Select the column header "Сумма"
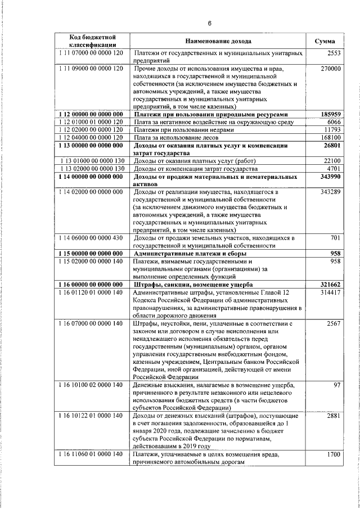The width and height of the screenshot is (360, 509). point(325,42)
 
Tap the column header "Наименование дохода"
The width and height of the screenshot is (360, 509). point(218,42)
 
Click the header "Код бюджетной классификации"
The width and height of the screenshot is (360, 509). point(93,41)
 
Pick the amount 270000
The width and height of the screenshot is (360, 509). point(330,69)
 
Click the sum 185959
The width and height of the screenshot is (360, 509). point(330,114)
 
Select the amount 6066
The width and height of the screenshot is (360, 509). point(334,122)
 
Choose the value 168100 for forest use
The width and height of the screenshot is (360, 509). point(331,138)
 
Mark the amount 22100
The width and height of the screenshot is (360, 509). point(332,161)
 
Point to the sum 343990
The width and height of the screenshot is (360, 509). point(330,177)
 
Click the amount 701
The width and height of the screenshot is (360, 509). point(336,238)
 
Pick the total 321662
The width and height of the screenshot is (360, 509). point(330,285)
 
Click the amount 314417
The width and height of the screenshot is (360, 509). point(331,293)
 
